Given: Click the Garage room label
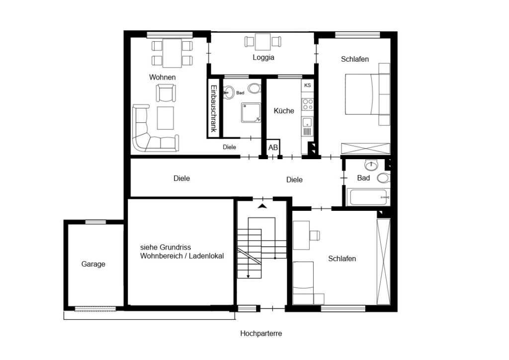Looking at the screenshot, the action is tap(93, 264).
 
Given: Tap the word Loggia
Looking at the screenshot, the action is tap(263, 58).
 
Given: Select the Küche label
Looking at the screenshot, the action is tap(284, 111).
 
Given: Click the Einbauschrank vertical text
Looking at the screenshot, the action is tap(214, 108).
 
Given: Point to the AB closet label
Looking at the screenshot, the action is tap(273, 147).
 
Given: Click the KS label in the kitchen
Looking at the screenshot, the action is tap(307, 85).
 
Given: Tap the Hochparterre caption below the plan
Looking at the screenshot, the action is tap(261, 333).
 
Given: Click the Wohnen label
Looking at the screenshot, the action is tap(163, 77).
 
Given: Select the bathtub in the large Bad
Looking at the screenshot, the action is tap(368, 197).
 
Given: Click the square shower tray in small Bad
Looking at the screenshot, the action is tap(251, 113).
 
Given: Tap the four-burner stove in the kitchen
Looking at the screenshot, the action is tap(307, 104).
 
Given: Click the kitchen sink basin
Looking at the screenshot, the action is tap(307, 123).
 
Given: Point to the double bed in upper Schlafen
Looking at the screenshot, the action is tap(362, 94).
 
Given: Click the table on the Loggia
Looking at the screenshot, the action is tap(262, 42).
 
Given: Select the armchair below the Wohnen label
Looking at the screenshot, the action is tap(166, 93).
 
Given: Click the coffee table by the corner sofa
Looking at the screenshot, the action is tap(166, 118).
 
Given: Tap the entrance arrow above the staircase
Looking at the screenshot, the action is tap(262, 206).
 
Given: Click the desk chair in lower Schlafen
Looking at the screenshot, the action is tap(315, 235).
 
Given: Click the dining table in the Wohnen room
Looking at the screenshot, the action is tap(172, 53).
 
